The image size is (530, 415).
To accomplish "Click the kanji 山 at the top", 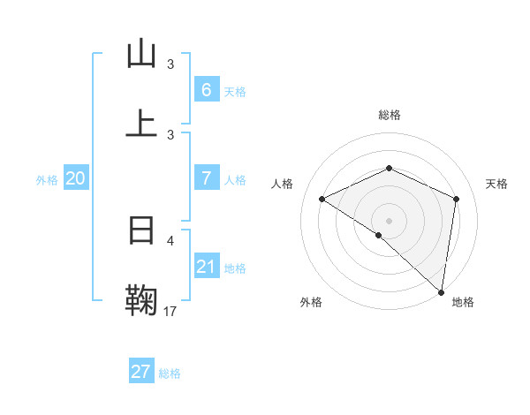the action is tap(141, 55).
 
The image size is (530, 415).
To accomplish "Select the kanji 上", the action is tap(141, 124).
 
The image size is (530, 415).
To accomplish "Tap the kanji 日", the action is tap(141, 231).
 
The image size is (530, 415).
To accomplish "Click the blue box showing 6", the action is tap(206, 89).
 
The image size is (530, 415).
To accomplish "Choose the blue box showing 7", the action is tap(206, 178).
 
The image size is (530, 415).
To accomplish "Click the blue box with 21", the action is tap(206, 267).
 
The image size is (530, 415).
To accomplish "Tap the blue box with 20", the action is tap(75, 178).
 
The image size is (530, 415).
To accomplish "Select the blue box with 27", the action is tap(140, 372).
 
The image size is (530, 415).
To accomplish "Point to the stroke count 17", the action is tap(170, 311).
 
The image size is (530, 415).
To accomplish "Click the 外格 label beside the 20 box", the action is tap(47, 179).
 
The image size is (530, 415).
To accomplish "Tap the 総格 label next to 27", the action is tap(170, 373).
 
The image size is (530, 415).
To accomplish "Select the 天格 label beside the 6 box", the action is tap(235, 91).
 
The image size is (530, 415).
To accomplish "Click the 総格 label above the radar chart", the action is tap(390, 115).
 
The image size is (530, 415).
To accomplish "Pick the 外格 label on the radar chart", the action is tap(311, 303).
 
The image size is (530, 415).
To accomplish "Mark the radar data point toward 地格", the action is tap(442, 290).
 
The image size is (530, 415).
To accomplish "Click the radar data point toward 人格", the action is tap(322, 200).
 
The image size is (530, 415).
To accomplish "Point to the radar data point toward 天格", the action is tap(457, 199).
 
